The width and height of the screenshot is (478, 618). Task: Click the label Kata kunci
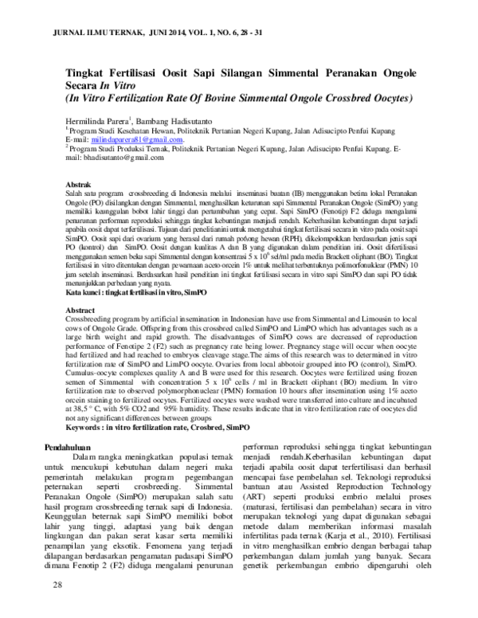tap(84, 294)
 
